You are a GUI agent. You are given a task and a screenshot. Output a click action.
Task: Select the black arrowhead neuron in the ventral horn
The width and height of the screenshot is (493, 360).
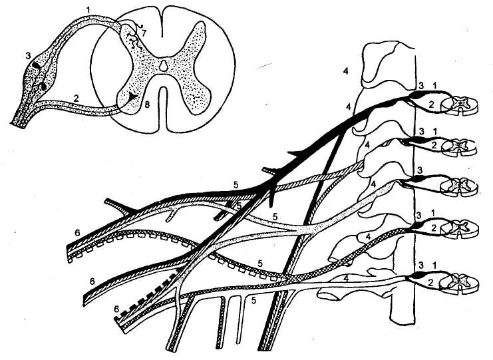(134, 97)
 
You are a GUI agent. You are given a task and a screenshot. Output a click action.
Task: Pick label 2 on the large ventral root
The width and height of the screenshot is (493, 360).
(77, 97)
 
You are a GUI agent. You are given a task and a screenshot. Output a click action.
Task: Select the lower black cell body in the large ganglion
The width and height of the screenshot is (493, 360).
(43, 85)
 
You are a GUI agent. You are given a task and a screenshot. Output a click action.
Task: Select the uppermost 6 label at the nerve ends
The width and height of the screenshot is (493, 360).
(78, 232)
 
